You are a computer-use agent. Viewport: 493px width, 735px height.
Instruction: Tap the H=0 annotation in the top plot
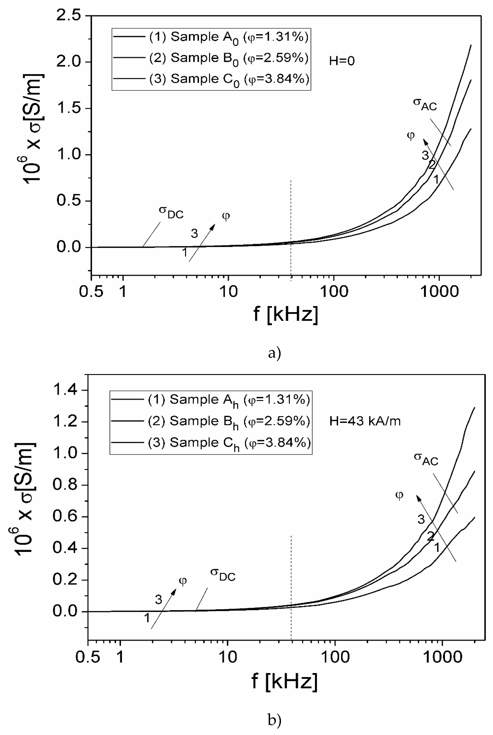click(342, 61)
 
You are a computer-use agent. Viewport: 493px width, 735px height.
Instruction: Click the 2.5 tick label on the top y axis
click(68, 15)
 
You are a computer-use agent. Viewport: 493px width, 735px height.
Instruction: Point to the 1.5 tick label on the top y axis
click(68, 108)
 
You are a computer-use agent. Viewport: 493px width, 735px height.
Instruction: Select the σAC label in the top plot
click(425, 105)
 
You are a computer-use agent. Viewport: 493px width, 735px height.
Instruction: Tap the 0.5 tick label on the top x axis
click(91, 292)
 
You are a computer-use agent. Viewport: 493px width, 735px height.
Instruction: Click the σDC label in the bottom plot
click(223, 574)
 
